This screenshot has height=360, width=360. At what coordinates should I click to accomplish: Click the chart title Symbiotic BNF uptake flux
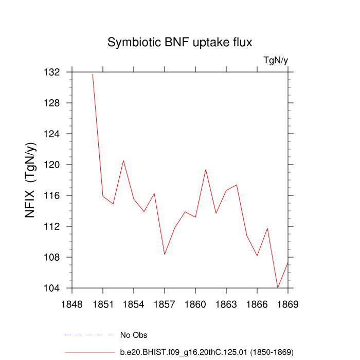click(x=180, y=42)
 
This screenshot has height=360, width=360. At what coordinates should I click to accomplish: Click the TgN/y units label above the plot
click(x=275, y=60)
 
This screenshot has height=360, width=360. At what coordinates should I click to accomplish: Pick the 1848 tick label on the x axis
click(x=72, y=304)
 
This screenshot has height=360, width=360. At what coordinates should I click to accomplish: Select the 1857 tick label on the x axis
click(x=165, y=304)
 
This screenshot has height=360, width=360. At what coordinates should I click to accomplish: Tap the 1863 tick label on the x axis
click(x=226, y=304)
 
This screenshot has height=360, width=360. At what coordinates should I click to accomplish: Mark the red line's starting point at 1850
click(x=93, y=74)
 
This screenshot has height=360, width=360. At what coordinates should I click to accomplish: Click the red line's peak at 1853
click(x=123, y=160)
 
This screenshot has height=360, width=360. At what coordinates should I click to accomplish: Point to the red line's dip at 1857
click(x=165, y=254)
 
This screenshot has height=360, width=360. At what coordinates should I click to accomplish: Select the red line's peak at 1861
click(x=206, y=169)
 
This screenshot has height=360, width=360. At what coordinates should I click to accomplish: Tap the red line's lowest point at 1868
click(x=278, y=287)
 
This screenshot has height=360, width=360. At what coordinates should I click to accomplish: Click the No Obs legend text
click(x=134, y=335)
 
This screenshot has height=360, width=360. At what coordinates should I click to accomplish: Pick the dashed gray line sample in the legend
click(x=89, y=335)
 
